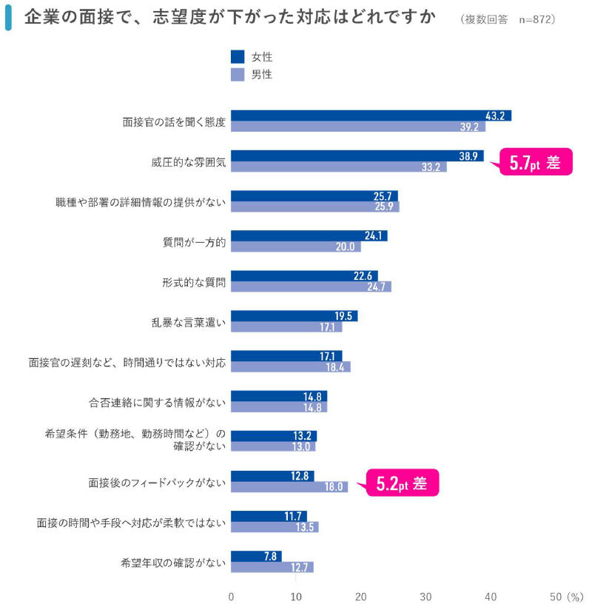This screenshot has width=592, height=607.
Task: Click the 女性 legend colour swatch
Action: [x=238, y=57]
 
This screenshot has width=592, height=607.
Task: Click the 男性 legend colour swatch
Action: [x=238, y=74]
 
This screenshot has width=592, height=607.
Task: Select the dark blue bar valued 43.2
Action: [x=371, y=115]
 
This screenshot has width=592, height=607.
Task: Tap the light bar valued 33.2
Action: [x=339, y=167]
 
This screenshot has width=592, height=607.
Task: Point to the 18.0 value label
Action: [x=334, y=487]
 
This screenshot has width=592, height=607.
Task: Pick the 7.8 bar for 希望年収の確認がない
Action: [x=256, y=556]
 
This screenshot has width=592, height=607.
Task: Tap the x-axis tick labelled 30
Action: [x=425, y=597]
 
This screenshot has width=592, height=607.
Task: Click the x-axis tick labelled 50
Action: [x=556, y=597]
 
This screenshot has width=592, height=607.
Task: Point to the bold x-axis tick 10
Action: [x=296, y=597]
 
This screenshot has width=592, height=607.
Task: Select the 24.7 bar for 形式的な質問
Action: [x=311, y=286]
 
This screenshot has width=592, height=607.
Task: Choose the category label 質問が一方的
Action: [x=194, y=241]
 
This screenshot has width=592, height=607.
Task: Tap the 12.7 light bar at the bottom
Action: [x=272, y=567]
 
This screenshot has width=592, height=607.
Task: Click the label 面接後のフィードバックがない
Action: [x=156, y=483]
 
